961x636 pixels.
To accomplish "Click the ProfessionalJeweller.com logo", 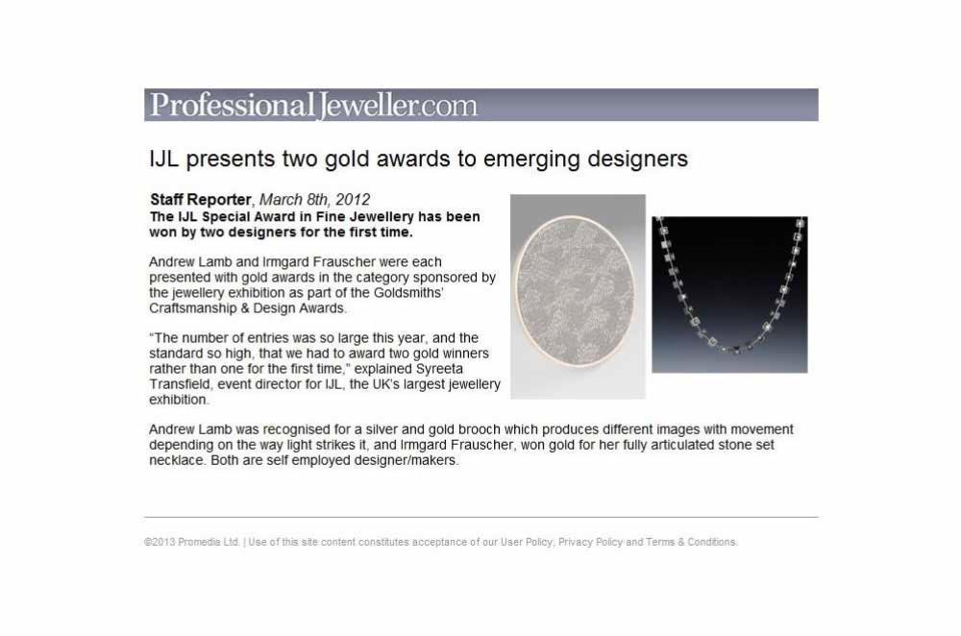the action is [x=313, y=105].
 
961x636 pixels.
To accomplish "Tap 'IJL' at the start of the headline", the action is [x=163, y=159].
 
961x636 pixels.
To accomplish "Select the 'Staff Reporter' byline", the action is [x=201, y=200].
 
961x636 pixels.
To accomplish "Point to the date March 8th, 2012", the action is [x=315, y=200].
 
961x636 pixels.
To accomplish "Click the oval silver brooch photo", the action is [x=578, y=297].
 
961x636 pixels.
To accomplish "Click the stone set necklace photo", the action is [x=729, y=295].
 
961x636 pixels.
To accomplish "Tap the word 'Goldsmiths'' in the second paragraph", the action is [x=408, y=293].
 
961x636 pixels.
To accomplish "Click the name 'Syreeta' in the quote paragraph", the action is [x=439, y=369].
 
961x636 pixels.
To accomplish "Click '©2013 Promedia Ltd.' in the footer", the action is [x=192, y=542].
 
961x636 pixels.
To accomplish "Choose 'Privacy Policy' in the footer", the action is [x=590, y=542].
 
